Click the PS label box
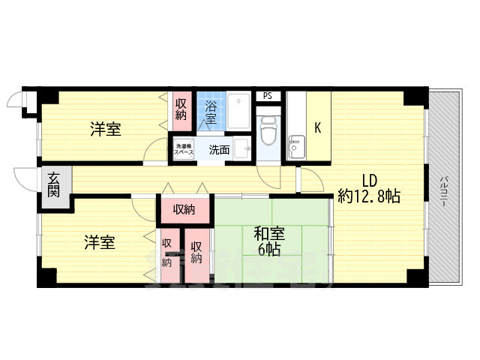268,96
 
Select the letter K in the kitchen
317,128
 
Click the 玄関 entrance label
55,184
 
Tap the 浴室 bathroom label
209,112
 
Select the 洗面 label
219,149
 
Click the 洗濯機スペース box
184,149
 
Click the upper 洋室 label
106,129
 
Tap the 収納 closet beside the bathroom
181,109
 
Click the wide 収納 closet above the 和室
184,209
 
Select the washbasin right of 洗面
241,148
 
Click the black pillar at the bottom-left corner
46,277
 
